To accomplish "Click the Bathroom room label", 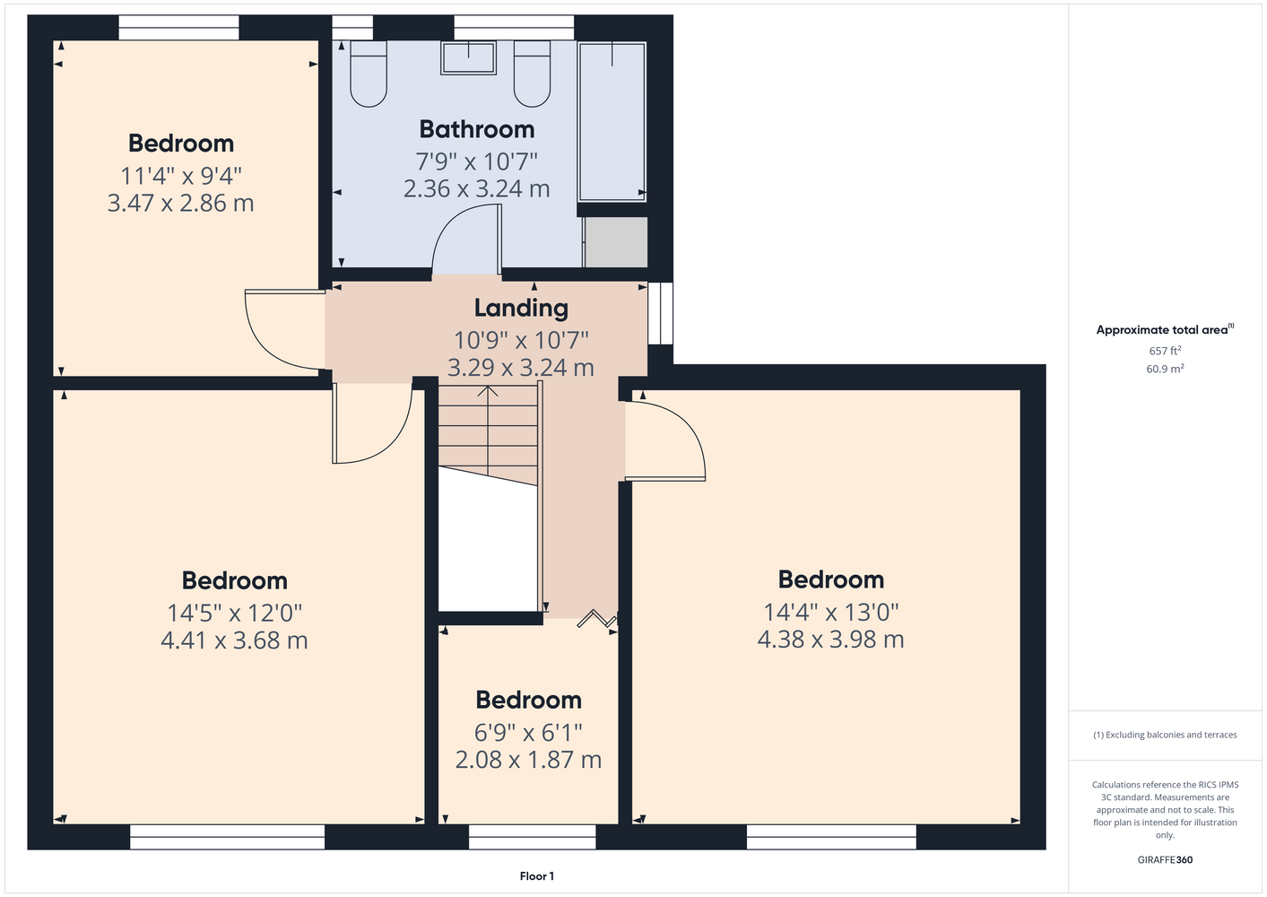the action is click(477, 129).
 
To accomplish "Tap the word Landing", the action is click(521, 309).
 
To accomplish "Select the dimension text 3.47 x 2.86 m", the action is click(180, 203).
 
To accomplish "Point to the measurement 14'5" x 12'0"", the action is click(235, 613).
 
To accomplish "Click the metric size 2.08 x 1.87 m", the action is click(528, 760).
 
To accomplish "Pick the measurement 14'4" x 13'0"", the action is click(831, 612).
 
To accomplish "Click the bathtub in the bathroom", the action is click(612, 122).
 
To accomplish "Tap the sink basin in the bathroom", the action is click(468, 57).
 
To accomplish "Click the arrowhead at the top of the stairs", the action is click(488, 390).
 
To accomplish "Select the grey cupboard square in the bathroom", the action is click(616, 241).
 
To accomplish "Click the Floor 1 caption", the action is click(537, 876).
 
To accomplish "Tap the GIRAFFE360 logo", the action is click(1165, 859).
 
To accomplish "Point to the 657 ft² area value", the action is click(1165, 351).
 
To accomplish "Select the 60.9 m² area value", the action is click(1165, 369).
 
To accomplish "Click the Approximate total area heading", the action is click(1165, 330).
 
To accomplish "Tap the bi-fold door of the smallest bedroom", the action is click(596, 619).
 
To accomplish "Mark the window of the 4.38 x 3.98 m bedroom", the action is click(831, 837).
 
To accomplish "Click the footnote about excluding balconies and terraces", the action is click(1165, 735).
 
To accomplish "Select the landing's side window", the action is click(660, 313).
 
